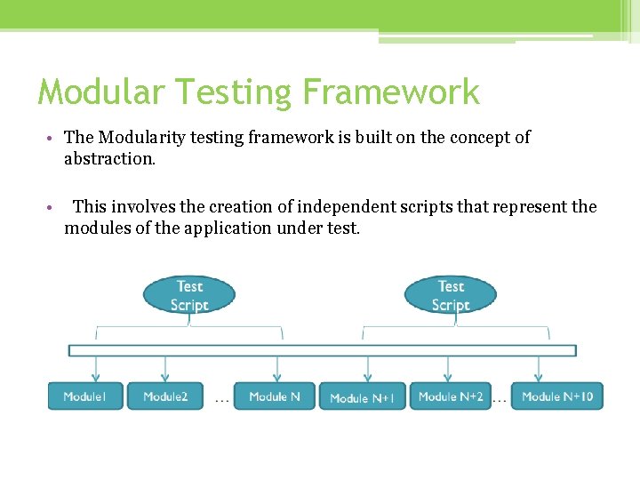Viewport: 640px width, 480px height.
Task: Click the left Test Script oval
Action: [189, 296]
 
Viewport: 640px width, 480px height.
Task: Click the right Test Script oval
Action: [451, 296]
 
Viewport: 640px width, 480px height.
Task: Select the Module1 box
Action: [85, 396]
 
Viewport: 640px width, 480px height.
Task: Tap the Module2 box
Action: [165, 396]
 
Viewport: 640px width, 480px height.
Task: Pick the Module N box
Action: [274, 396]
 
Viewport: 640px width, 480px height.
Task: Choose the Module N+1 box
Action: [363, 397]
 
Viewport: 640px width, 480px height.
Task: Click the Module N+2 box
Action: [451, 396]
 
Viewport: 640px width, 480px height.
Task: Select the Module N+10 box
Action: [557, 396]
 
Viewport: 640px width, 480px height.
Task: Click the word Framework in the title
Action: [391, 92]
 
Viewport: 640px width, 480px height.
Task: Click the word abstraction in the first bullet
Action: [109, 159]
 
